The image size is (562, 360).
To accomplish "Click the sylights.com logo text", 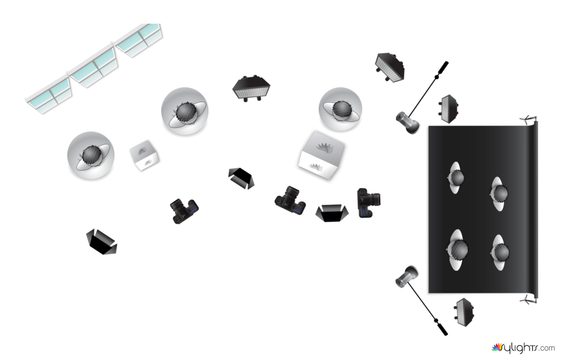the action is [523, 348].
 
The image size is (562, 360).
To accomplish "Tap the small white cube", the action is [144, 155].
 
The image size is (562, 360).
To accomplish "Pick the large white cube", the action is [322, 155].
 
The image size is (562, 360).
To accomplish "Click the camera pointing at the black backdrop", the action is [368, 202].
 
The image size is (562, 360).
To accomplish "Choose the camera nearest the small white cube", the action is [184, 211].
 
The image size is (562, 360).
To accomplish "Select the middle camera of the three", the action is [290, 201].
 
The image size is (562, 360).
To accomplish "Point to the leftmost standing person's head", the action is [90, 156].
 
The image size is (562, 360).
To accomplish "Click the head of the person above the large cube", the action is [340, 109].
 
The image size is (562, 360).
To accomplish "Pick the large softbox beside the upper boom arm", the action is [390, 67].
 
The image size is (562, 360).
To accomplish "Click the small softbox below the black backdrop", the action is [464, 313].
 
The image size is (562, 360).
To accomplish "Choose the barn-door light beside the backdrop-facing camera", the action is [332, 213].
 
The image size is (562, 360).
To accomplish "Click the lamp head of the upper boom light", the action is [408, 122].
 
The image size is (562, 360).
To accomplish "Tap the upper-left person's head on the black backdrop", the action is [457, 178].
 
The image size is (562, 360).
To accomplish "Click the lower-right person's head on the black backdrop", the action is [500, 252].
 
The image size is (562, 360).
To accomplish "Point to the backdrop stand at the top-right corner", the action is [530, 120].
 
